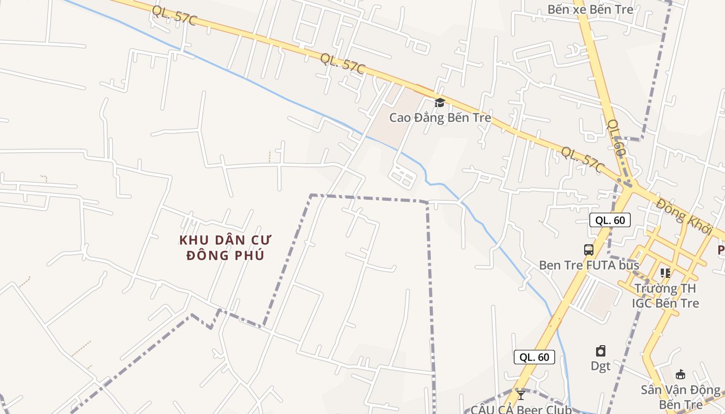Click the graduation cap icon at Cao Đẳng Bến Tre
click(440, 102)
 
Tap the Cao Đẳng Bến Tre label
click(440, 117)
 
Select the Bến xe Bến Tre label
click(590, 9)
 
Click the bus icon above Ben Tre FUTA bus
click(589, 250)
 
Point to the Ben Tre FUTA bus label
click(589, 265)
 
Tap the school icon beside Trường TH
click(665, 272)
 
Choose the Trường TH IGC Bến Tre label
click(665, 295)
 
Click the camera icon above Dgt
click(601, 351)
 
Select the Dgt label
click(601, 366)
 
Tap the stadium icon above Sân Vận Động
click(680, 374)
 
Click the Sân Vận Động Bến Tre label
click(680, 396)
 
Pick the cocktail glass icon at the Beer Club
click(521, 395)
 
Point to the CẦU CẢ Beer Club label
click(521, 409)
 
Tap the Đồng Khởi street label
click(684, 215)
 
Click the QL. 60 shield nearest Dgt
click(534, 357)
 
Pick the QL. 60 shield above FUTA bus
click(610, 220)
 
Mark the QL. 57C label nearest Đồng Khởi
click(583, 159)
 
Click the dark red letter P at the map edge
click(721, 250)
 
